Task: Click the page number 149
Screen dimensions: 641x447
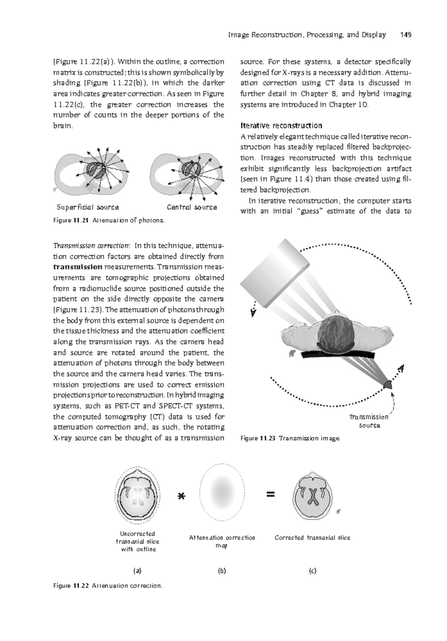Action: (405, 35)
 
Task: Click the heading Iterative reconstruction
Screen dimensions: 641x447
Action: (281, 125)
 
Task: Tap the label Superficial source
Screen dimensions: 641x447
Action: (88, 207)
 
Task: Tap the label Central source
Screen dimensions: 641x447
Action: (192, 207)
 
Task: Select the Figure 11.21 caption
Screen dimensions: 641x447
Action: (108, 220)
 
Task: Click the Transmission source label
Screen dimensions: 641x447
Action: (369, 421)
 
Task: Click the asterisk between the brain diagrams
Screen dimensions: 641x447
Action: (181, 497)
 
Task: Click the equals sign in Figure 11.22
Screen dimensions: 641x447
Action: (270, 495)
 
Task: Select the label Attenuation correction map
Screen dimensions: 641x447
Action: (222, 542)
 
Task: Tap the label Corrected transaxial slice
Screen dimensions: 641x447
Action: (312, 538)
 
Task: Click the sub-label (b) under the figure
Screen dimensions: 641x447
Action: (222, 571)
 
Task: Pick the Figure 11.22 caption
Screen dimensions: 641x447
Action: (108, 586)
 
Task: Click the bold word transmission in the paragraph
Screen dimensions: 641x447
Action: (77, 267)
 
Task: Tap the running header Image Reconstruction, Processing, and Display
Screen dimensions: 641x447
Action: (307, 35)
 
